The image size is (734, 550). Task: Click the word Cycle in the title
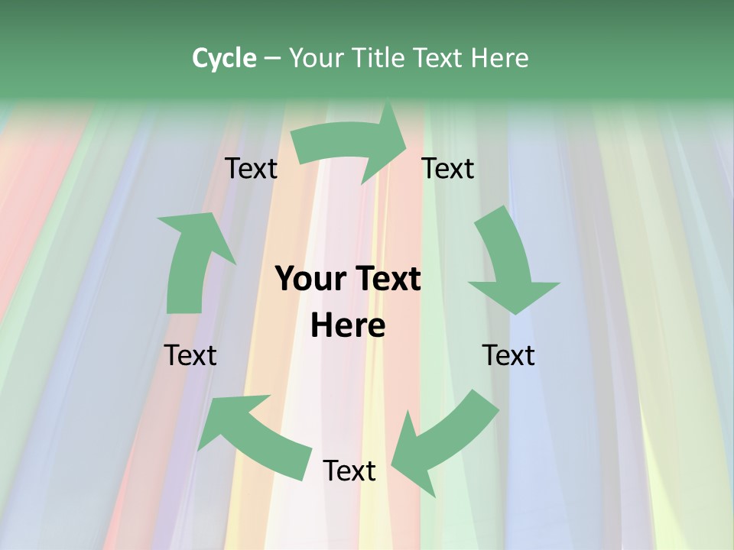(224, 58)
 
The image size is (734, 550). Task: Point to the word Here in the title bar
(500, 58)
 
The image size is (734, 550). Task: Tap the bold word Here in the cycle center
(348, 326)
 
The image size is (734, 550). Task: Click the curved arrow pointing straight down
(508, 260)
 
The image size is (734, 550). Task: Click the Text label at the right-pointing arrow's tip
(449, 168)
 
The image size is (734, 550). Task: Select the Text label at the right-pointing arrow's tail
(252, 168)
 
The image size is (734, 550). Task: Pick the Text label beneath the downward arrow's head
(509, 355)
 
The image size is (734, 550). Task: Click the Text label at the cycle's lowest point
(349, 471)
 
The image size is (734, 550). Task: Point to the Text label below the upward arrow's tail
(191, 355)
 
